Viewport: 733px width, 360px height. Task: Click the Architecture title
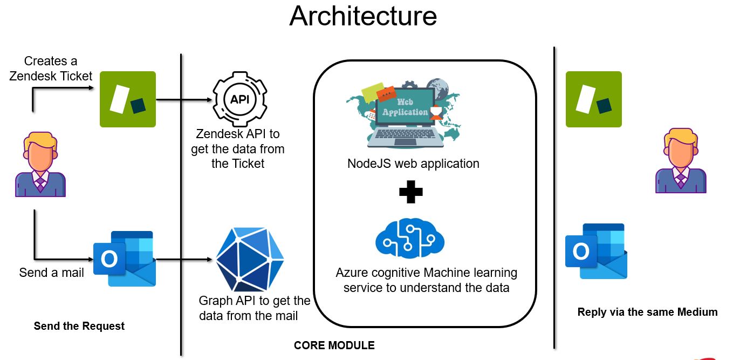pyautogui.click(x=363, y=16)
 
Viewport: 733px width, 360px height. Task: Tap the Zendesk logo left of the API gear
pyautogui.click(x=128, y=99)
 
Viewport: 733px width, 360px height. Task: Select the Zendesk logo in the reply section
pyautogui.click(x=593, y=99)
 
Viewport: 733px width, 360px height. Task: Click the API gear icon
pyautogui.click(x=239, y=99)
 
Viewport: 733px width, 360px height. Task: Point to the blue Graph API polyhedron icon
pyautogui.click(x=250, y=260)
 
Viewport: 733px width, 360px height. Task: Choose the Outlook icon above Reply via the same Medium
pyautogui.click(x=595, y=251)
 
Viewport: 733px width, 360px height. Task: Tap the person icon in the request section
pyautogui.click(x=40, y=166)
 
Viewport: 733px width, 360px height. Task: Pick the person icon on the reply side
pyautogui.click(x=681, y=160)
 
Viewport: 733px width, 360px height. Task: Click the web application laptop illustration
pyautogui.click(x=405, y=114)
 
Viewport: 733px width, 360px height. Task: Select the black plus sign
pyautogui.click(x=410, y=192)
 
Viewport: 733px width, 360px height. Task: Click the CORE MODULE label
pyautogui.click(x=334, y=345)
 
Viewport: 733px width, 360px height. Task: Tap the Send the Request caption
pyautogui.click(x=79, y=326)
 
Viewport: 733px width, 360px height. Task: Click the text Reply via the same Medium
pyautogui.click(x=647, y=312)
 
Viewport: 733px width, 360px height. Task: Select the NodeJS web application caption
pyautogui.click(x=413, y=164)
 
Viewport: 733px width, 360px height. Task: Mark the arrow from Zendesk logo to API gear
pyautogui.click(x=183, y=100)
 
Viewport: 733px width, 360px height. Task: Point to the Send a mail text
pyautogui.click(x=52, y=273)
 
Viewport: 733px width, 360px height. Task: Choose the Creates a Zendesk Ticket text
pyautogui.click(x=51, y=69)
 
